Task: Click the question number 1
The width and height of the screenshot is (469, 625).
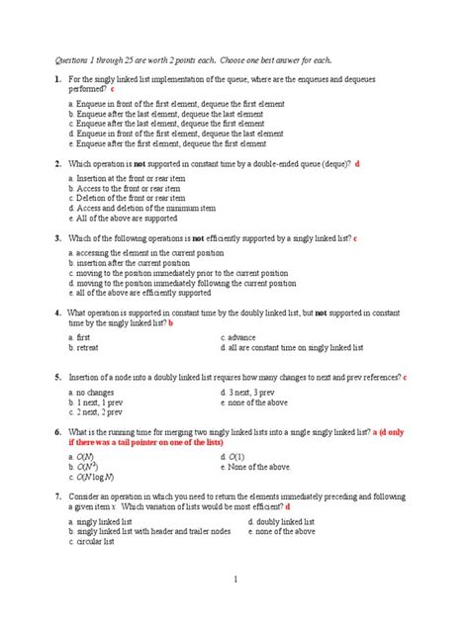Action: point(58,78)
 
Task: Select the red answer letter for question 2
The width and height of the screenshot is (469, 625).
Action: point(358,163)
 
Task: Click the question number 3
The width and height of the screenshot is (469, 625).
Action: point(58,239)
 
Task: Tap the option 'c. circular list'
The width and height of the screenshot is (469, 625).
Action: point(95,542)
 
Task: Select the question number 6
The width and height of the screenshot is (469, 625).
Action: point(58,432)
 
